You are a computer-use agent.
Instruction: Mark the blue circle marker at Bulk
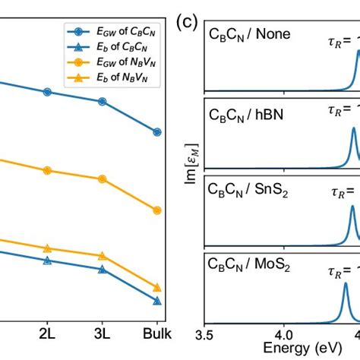pyautogui.click(x=157, y=131)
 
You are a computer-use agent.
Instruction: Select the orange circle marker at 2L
pyautogui.click(x=47, y=171)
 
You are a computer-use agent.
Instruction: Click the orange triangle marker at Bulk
pyautogui.click(x=157, y=287)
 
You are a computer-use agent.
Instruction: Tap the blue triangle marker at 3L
pyautogui.click(x=103, y=269)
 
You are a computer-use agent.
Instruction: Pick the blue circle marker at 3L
pyautogui.click(x=103, y=101)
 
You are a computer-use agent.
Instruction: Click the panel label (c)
pyautogui.click(x=187, y=21)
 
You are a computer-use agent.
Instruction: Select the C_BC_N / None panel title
pyautogui.click(x=248, y=36)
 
